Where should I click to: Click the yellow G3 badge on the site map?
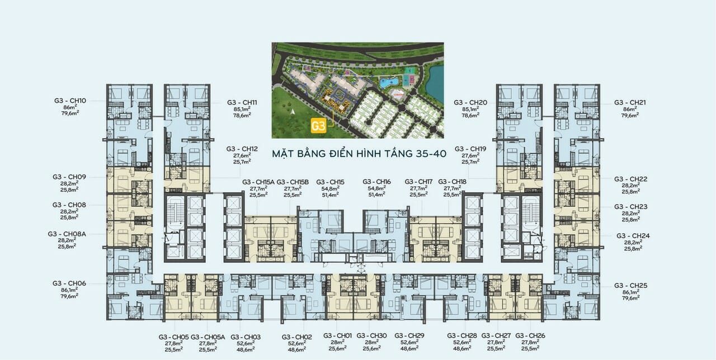pos(318,126)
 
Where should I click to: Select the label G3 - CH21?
pos(630,102)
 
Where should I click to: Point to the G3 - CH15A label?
pos(258,182)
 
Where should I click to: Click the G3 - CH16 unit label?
pos(376,182)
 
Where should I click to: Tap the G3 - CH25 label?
pos(630,286)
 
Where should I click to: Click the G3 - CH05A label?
pos(208,337)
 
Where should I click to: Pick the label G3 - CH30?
pos(371,335)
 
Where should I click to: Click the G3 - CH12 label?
pos(242,149)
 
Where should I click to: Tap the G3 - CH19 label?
pos(470,149)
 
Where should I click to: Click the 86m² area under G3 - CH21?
pos(630,109)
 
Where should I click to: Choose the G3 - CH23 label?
pos(630,207)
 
